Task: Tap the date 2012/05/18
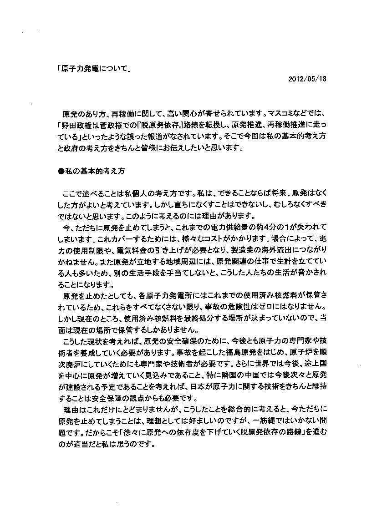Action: pyautogui.click(x=308, y=78)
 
